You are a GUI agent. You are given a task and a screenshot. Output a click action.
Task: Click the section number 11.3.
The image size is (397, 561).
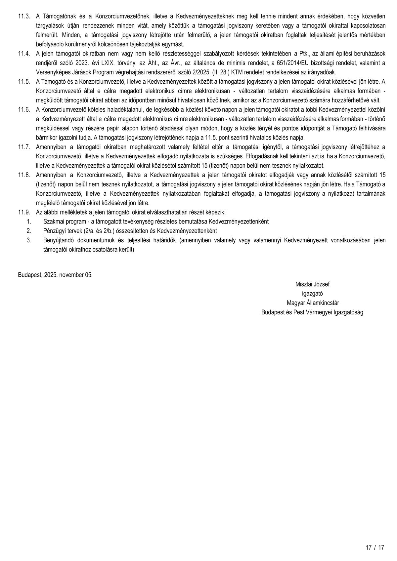24,16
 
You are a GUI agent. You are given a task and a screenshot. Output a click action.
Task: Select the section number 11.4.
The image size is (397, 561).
24,53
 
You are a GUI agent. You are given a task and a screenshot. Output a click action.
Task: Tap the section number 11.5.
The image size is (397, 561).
24,81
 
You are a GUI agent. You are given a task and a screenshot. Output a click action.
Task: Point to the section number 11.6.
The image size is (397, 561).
24,109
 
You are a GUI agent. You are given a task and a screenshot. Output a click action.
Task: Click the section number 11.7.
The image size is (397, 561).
24,146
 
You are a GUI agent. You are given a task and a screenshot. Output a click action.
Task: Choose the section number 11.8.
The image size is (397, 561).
24,175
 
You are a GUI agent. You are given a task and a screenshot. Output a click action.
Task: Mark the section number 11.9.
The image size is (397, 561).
24,212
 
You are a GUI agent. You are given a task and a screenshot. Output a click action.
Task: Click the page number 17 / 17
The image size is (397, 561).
375,547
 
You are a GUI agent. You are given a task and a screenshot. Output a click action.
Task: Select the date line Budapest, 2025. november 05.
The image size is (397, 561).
55,275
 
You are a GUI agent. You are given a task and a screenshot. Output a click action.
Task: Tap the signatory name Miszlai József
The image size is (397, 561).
312,284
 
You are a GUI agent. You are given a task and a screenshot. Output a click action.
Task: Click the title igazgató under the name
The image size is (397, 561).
312,293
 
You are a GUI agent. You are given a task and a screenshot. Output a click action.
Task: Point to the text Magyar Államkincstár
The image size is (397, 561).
312,303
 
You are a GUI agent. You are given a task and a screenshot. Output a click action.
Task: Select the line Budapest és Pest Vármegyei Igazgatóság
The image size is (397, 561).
312,312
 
